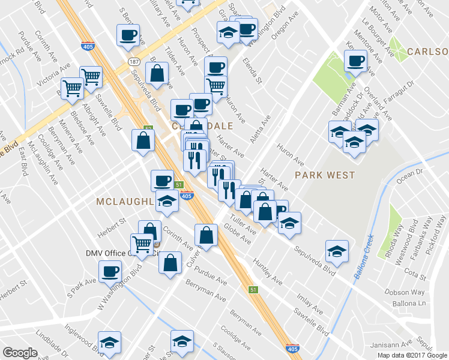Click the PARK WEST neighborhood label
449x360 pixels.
(325, 175)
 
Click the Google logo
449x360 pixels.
(20, 353)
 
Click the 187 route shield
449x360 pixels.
(133, 62)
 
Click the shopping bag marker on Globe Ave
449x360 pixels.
(206, 235)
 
